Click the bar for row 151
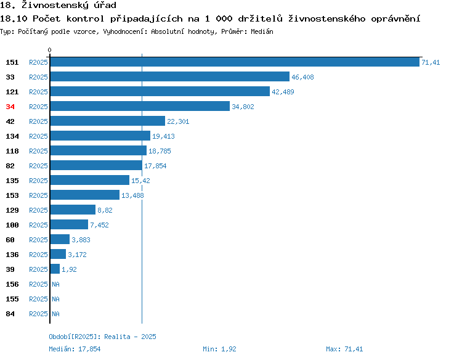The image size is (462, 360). click(x=235, y=62)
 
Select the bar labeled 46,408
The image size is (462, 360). click(x=170, y=76)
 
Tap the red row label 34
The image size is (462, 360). click(x=10, y=107)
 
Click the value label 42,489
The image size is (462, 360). click(x=283, y=92)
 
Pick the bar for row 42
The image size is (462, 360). click(x=108, y=121)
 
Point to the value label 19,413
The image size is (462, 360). click(x=163, y=136)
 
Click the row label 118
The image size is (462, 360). click(x=12, y=151)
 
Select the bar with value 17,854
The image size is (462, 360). click(x=96, y=165)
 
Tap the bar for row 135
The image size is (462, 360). click(x=89, y=180)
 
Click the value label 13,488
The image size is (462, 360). click(x=132, y=195)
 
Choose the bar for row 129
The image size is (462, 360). click(x=73, y=210)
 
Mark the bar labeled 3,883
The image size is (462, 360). click(x=60, y=239)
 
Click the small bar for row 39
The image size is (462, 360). click(x=55, y=269)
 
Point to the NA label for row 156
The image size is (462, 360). click(x=55, y=284)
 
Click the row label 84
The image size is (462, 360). click(x=10, y=314)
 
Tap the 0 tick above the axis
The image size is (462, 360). click(x=49, y=50)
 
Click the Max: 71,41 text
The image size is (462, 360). click(x=344, y=349)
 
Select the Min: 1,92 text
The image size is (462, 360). click(x=219, y=349)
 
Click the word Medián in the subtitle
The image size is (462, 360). click(x=262, y=31)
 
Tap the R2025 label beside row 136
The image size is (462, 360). click(x=38, y=255)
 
